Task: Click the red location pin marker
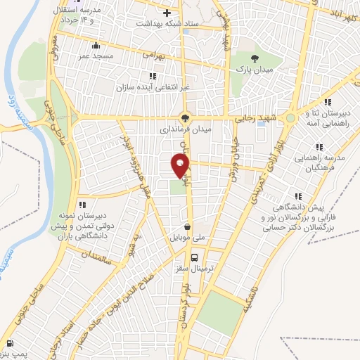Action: (181, 167)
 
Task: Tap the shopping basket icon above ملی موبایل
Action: (187, 226)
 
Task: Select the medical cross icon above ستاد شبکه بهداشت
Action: (166, 13)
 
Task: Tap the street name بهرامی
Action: (153, 53)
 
